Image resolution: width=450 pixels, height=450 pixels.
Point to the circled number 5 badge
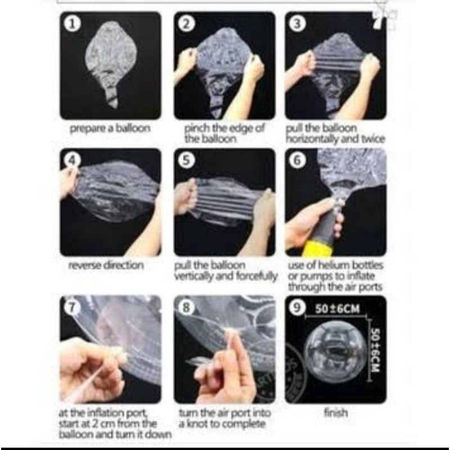pos(187,160)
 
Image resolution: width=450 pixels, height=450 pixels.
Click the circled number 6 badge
pos(298,160)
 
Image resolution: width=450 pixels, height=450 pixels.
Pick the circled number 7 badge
pos(72,308)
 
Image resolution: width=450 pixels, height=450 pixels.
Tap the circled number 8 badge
pos(187,308)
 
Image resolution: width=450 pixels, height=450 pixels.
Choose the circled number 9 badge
pos(298,308)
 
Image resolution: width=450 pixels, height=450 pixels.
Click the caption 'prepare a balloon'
pos(110,129)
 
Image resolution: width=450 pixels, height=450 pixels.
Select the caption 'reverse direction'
pos(106,265)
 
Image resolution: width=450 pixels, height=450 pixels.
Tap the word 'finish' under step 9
pos(336,413)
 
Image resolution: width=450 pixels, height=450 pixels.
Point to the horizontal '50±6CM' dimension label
pos(337,309)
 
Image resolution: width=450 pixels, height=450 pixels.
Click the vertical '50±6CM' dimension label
pos(375,350)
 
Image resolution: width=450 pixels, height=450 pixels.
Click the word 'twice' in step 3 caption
pos(372,139)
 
